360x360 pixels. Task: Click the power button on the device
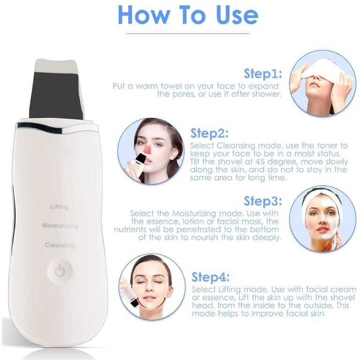tap(60, 271)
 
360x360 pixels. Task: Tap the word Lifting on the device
tap(60, 207)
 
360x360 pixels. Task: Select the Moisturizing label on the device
tap(60, 225)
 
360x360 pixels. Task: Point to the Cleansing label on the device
tap(60, 245)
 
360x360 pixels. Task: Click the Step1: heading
tap(262, 74)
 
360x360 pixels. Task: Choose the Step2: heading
tap(210, 134)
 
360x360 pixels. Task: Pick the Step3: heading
tap(262, 201)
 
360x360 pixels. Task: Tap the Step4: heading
tap(210, 277)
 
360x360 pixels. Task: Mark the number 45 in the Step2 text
tap(260, 162)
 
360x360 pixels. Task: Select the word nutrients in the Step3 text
tap(130, 229)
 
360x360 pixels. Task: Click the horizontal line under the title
tap(188, 34)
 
